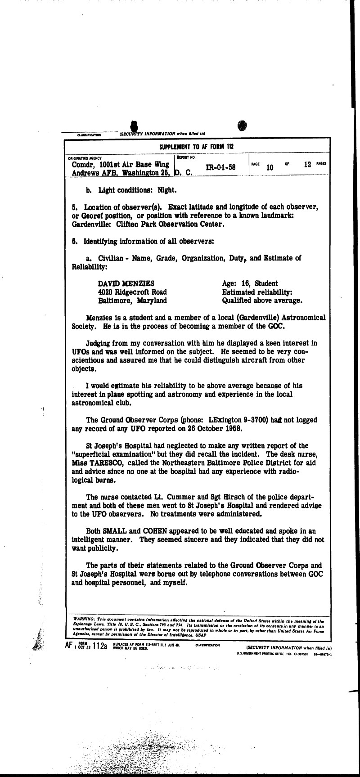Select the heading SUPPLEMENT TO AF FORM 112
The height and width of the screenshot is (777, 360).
[196, 147]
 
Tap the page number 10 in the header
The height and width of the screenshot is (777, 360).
[270, 167]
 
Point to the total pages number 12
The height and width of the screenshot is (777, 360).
[308, 165]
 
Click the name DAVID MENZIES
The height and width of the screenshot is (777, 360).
[126, 283]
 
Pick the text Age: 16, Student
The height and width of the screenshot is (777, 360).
[250, 283]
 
